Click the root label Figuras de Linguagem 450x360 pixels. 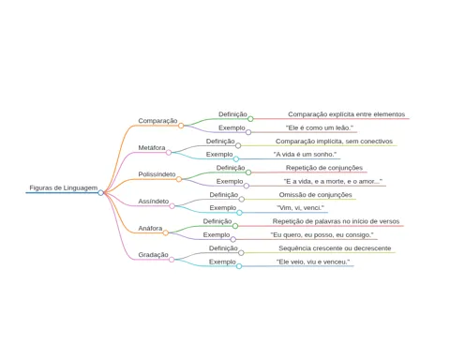point(64,187)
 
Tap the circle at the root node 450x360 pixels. point(100,193)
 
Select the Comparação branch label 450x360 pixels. point(157,121)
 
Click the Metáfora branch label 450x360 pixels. point(152,147)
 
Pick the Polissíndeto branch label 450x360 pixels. point(157,174)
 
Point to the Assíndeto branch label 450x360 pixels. point(154,202)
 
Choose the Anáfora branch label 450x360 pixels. point(150,228)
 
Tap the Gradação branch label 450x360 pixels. point(153,255)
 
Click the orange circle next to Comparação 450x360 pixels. point(181,126)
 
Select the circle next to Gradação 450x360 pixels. point(172,260)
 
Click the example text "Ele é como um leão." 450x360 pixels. point(320,127)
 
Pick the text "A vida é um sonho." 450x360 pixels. point(305,154)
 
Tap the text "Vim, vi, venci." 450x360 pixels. point(300,207)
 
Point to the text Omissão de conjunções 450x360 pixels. point(315,195)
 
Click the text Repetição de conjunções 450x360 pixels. point(324,168)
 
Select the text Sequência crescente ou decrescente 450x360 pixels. point(335,248)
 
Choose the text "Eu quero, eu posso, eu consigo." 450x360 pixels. point(322,234)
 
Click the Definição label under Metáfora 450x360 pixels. point(220,142)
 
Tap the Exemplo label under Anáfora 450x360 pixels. point(217,234)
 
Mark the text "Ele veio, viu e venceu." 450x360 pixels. point(313,262)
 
